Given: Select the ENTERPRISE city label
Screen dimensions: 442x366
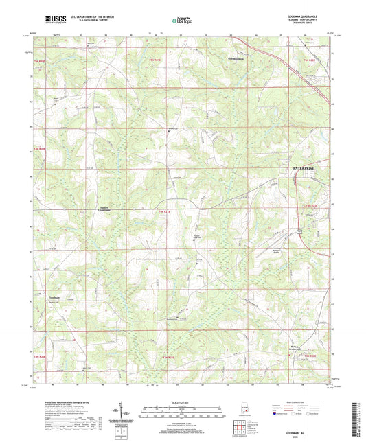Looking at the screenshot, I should pos(301,167).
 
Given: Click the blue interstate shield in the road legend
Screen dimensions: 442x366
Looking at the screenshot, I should pos(277,415).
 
